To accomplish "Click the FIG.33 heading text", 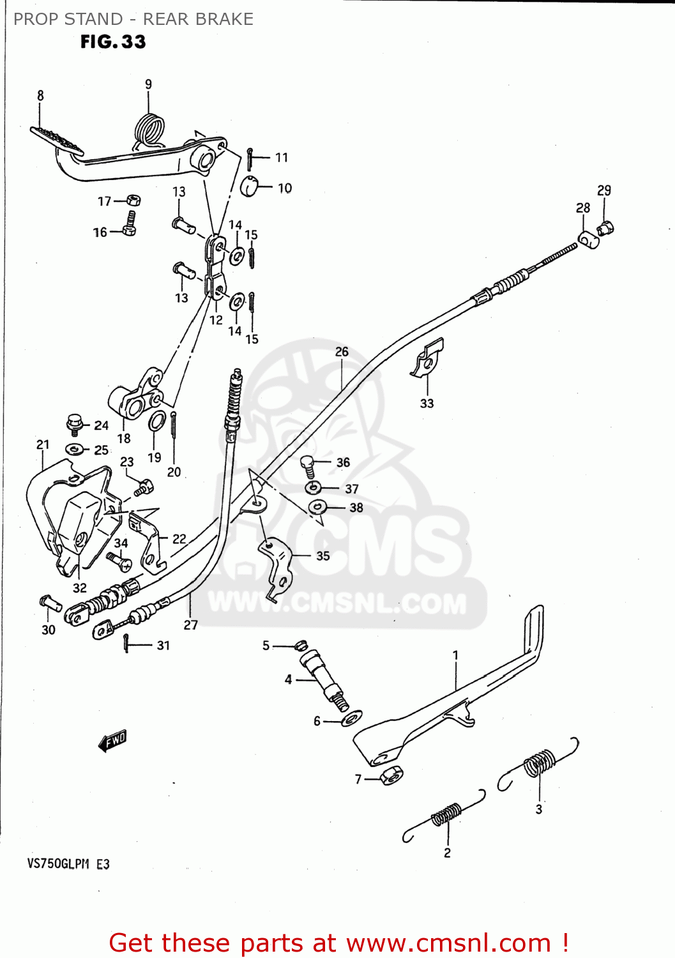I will (113, 42).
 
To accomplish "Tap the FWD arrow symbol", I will (113, 741).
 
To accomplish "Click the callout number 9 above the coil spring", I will (148, 84).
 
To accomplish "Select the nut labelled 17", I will (133, 201).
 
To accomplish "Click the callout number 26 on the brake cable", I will (342, 352).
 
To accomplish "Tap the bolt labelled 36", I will (308, 466).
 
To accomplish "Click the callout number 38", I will (356, 508).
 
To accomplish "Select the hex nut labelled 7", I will (391, 775).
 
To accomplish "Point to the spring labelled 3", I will (540, 763).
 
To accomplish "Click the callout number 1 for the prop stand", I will (455, 655).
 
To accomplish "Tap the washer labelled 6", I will (351, 718).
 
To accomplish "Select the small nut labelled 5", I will (301, 645).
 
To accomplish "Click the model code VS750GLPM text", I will (58, 864).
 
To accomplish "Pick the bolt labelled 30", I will (50, 602).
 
